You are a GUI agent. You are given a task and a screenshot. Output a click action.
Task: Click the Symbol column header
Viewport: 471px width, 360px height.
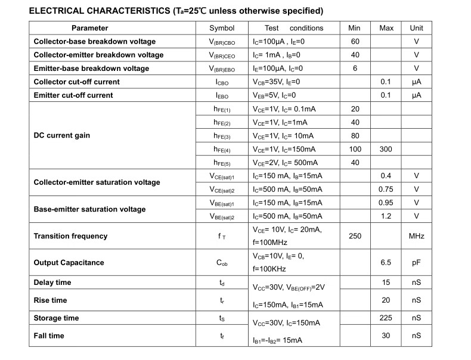[x=222, y=28]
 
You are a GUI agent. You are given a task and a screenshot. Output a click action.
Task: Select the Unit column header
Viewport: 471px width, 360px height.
[x=416, y=28]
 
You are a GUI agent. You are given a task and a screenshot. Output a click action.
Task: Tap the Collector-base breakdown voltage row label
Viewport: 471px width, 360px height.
[x=94, y=42]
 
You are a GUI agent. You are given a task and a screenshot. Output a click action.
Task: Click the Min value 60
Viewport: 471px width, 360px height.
[x=355, y=42]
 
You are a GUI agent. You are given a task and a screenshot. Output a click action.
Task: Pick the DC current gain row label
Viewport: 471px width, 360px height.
[x=62, y=135]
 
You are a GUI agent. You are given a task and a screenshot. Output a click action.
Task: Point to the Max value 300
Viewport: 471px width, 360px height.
[x=386, y=149]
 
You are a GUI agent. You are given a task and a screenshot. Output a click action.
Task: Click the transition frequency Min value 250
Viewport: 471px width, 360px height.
[x=355, y=236]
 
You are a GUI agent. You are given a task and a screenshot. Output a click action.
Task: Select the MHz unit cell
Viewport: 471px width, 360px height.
[x=416, y=236]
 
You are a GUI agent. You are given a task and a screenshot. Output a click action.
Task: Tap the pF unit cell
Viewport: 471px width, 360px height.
[x=416, y=263]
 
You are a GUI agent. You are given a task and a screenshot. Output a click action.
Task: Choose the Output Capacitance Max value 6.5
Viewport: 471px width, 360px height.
[x=386, y=263]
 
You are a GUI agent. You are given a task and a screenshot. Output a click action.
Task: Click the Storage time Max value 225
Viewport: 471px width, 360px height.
[x=386, y=318]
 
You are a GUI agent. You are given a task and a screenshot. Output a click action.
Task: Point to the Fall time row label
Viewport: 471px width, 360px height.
[x=49, y=336]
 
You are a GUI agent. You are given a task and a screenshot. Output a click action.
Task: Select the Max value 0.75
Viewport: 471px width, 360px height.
[x=386, y=190]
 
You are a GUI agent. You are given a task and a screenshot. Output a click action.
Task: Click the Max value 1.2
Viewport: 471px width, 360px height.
[x=386, y=216]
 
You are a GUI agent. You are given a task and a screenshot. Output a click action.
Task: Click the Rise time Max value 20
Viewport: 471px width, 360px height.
[x=386, y=300]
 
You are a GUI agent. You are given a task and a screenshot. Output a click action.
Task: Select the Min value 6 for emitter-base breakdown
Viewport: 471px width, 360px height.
[x=355, y=69]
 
